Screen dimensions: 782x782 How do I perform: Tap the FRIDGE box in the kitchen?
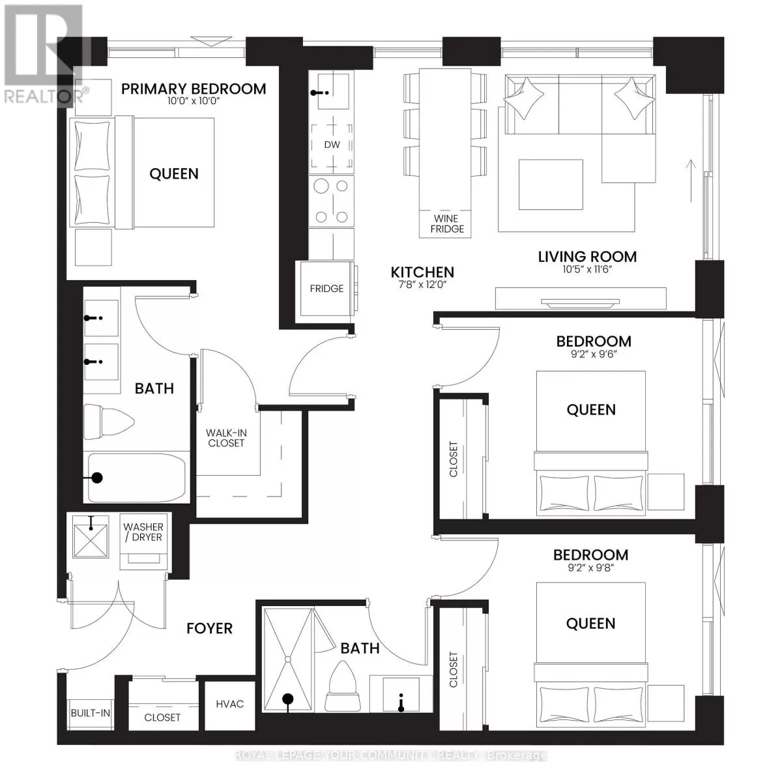(x=326, y=289)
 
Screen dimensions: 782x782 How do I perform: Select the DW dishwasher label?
(x=332, y=145)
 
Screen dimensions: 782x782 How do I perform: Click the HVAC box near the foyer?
(x=230, y=704)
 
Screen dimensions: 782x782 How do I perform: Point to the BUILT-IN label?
(x=91, y=713)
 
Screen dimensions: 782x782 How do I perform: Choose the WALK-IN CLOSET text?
(x=225, y=438)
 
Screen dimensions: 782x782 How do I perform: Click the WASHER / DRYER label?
(x=143, y=532)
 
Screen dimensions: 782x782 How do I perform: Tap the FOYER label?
(x=209, y=628)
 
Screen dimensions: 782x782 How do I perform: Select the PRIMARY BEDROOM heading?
(x=194, y=89)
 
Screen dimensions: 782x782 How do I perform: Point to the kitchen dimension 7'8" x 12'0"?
(x=422, y=285)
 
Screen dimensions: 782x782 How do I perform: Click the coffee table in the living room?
(x=551, y=184)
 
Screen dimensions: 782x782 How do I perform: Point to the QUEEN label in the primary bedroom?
(x=174, y=173)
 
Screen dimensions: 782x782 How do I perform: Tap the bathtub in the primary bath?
(x=137, y=478)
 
